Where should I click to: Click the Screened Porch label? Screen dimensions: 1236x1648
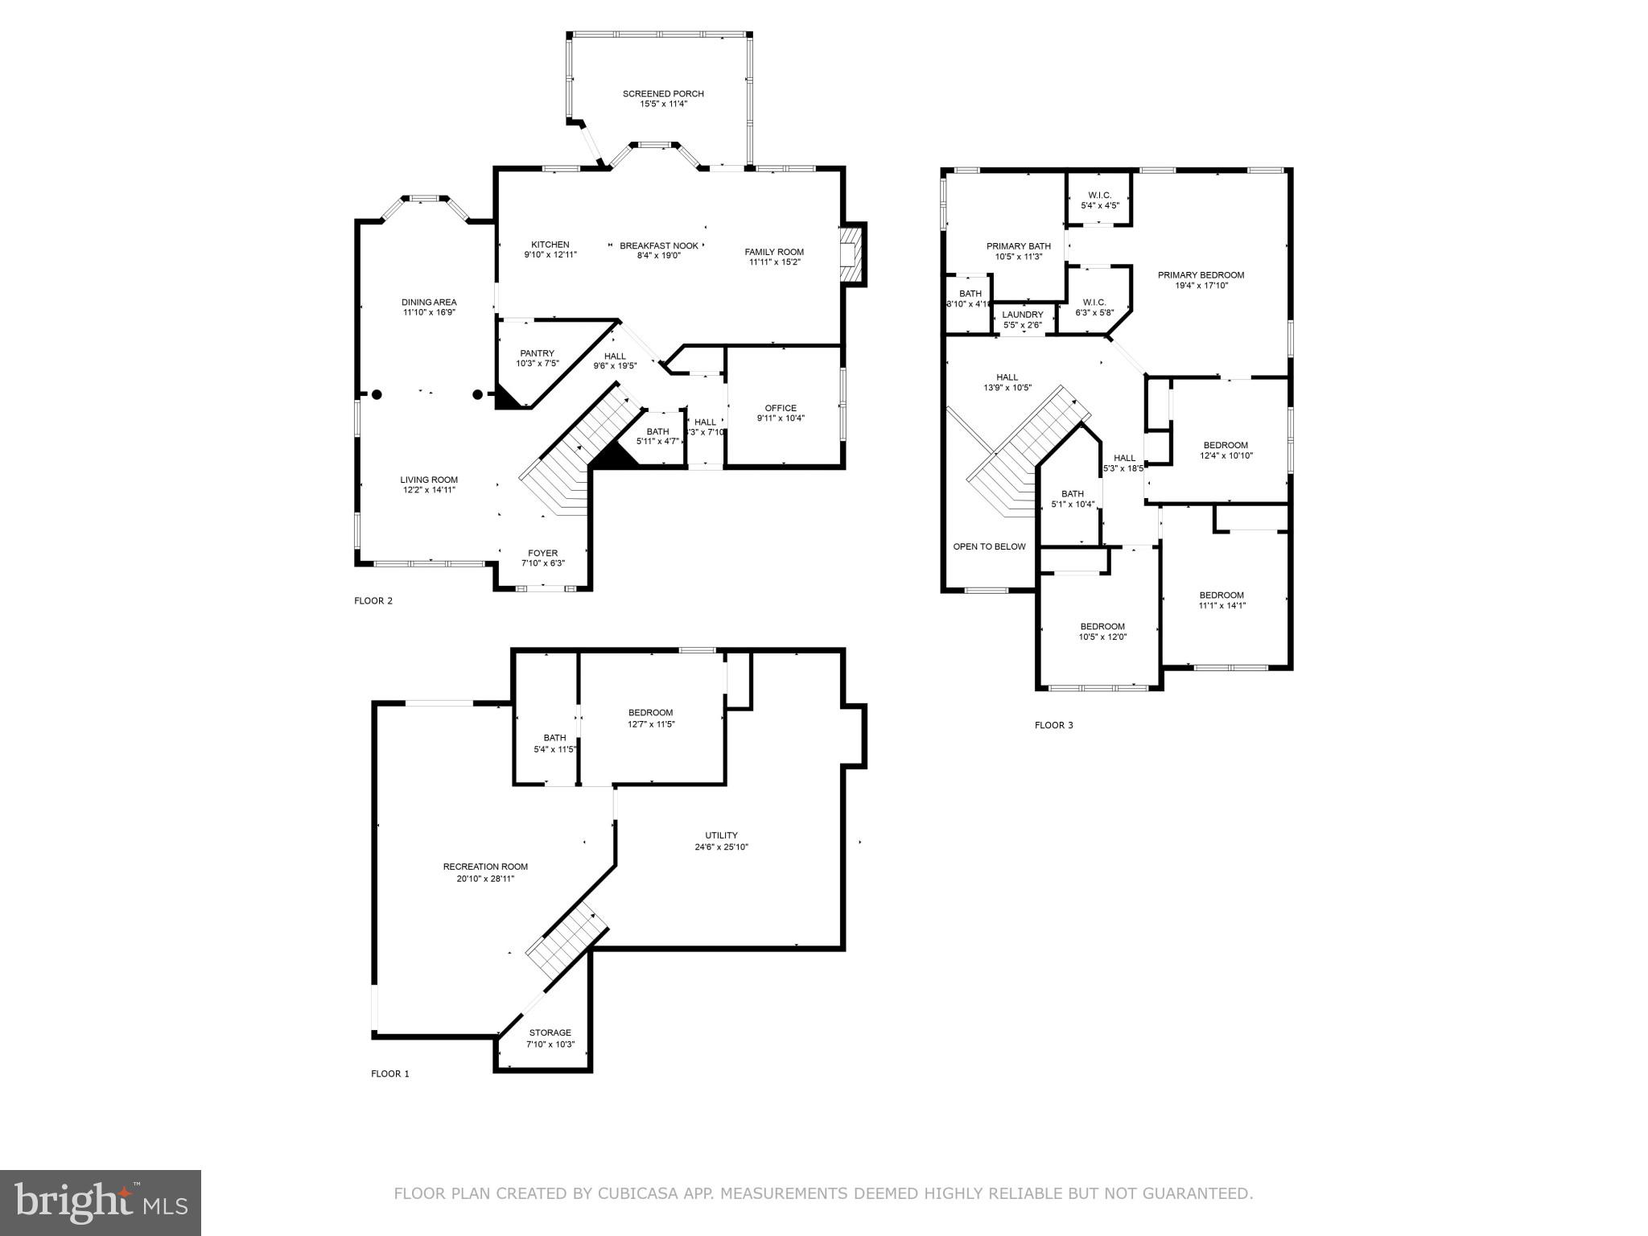[x=663, y=94]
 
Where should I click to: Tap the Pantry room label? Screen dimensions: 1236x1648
[x=537, y=353]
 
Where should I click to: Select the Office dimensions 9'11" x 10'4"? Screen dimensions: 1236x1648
[x=780, y=418]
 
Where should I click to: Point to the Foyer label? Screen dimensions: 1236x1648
[x=542, y=553]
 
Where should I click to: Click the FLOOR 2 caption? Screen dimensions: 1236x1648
[x=373, y=600]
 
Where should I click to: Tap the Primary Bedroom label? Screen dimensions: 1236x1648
[x=1200, y=275]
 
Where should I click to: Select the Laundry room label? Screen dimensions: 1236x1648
[x=1022, y=315]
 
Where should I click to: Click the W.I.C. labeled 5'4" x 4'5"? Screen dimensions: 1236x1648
[x=1099, y=196]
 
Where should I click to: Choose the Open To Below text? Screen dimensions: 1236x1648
[x=989, y=546]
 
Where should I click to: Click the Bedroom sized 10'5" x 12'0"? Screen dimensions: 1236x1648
[x=1102, y=627]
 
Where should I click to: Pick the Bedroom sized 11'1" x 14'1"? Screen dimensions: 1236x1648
[x=1221, y=595]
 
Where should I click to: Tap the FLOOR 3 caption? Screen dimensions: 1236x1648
[x=1053, y=725]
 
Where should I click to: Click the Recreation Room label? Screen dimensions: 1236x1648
[x=485, y=867]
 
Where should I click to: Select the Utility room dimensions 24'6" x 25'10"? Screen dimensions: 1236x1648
[x=721, y=847]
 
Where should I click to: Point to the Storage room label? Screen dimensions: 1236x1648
[x=550, y=1032]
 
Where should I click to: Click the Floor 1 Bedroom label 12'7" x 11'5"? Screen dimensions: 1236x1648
[x=650, y=713]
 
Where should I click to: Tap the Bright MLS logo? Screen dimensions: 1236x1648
[x=101, y=1202]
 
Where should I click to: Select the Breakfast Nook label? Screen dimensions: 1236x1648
[x=658, y=245]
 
